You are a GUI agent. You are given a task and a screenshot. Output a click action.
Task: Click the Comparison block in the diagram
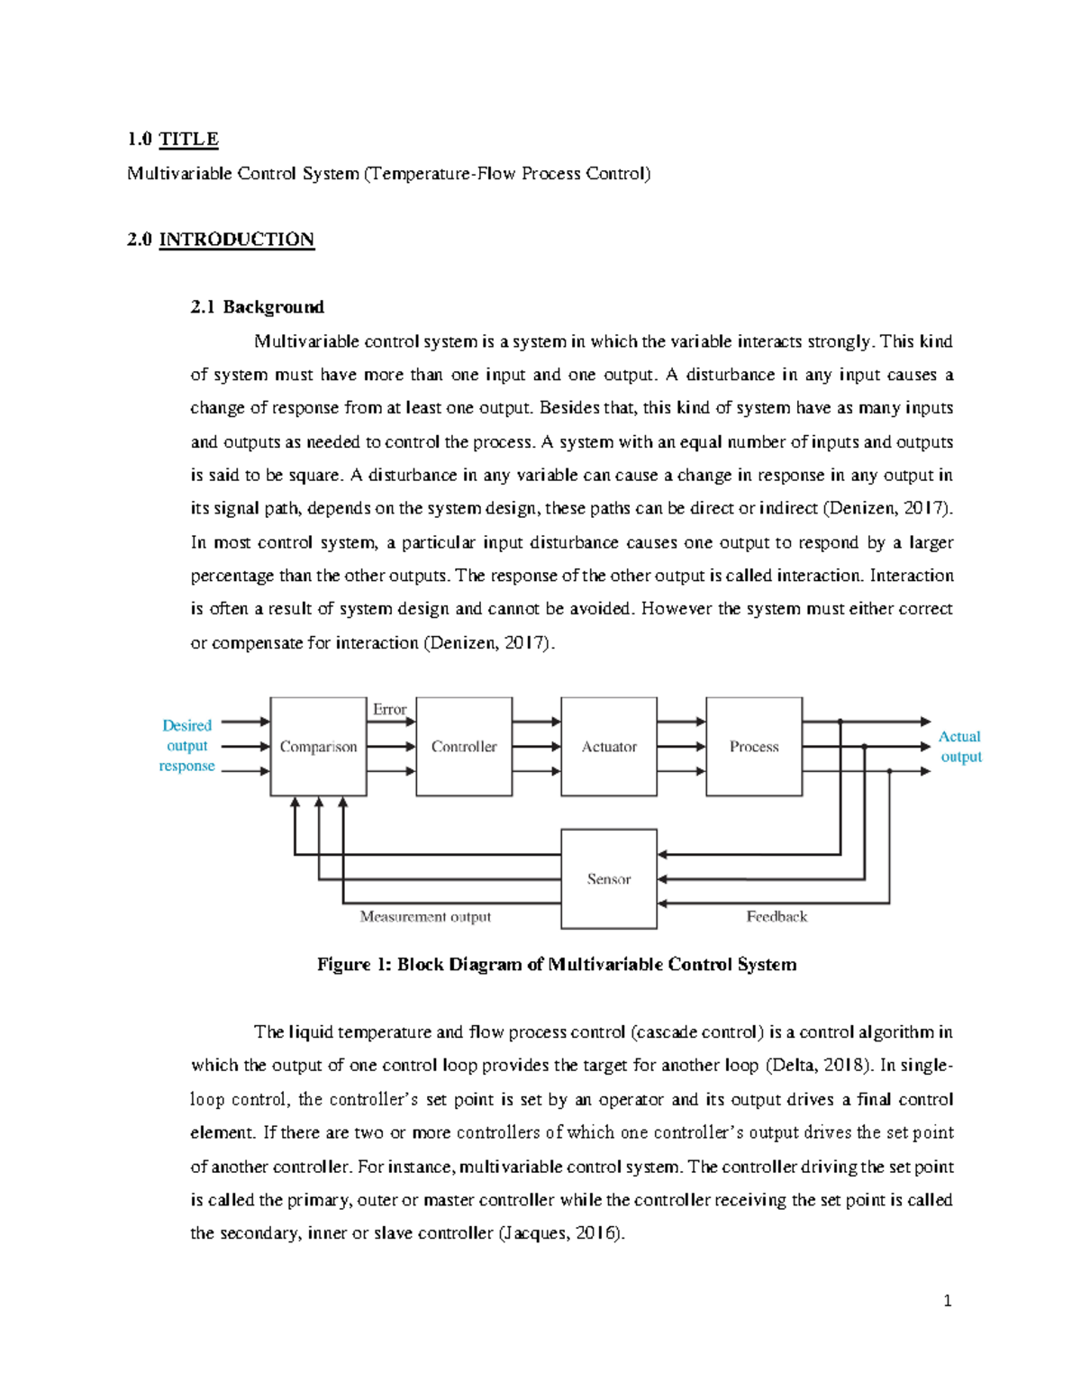click(318, 747)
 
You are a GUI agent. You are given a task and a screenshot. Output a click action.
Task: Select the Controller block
click(464, 747)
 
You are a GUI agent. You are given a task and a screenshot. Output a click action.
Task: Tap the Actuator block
click(609, 747)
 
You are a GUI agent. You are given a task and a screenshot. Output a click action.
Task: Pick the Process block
click(754, 747)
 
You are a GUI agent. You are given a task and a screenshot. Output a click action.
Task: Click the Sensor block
click(609, 879)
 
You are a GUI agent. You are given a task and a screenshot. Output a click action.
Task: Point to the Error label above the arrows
click(389, 710)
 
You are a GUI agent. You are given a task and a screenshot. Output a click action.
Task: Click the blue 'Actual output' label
click(960, 747)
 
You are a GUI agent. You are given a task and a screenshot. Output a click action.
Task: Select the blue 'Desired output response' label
click(187, 746)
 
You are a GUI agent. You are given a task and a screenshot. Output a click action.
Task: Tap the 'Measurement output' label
click(425, 917)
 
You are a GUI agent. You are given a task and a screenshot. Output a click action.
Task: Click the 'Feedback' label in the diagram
click(777, 917)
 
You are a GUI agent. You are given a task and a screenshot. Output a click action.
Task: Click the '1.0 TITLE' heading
click(173, 139)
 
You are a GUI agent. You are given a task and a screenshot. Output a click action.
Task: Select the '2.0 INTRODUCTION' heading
click(221, 240)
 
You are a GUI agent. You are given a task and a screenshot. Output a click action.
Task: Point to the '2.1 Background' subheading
click(257, 307)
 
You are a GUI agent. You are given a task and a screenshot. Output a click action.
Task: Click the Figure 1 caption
click(557, 965)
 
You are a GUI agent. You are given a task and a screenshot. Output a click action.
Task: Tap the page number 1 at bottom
click(947, 1301)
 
